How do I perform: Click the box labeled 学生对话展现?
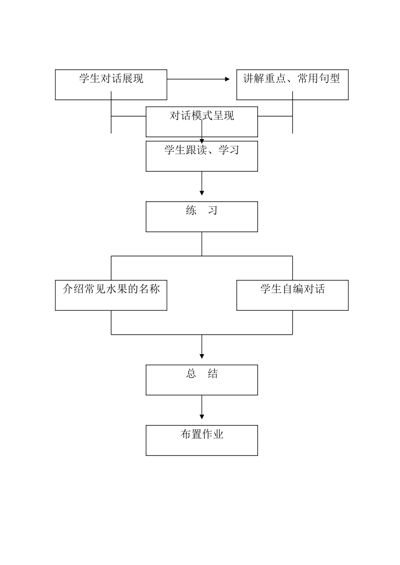click(x=111, y=85)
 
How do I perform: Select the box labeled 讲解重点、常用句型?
click(x=292, y=85)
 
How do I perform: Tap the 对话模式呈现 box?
click(x=202, y=122)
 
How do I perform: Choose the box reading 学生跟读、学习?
click(x=202, y=156)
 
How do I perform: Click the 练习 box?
click(x=202, y=216)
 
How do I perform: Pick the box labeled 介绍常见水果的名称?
click(x=111, y=295)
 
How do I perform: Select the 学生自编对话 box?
click(x=292, y=295)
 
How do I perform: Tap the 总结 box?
click(x=202, y=380)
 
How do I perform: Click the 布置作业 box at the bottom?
click(x=202, y=440)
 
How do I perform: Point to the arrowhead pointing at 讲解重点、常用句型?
click(x=227, y=79)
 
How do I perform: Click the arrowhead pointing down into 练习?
click(x=202, y=193)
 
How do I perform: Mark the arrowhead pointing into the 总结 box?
click(x=202, y=356)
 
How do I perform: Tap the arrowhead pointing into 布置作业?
click(x=202, y=417)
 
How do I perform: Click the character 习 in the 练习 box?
click(x=213, y=210)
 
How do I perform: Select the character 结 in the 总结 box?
click(x=213, y=373)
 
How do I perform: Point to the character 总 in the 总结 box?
click(x=191, y=373)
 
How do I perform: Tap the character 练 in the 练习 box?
click(x=191, y=210)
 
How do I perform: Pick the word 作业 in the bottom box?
click(x=213, y=434)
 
